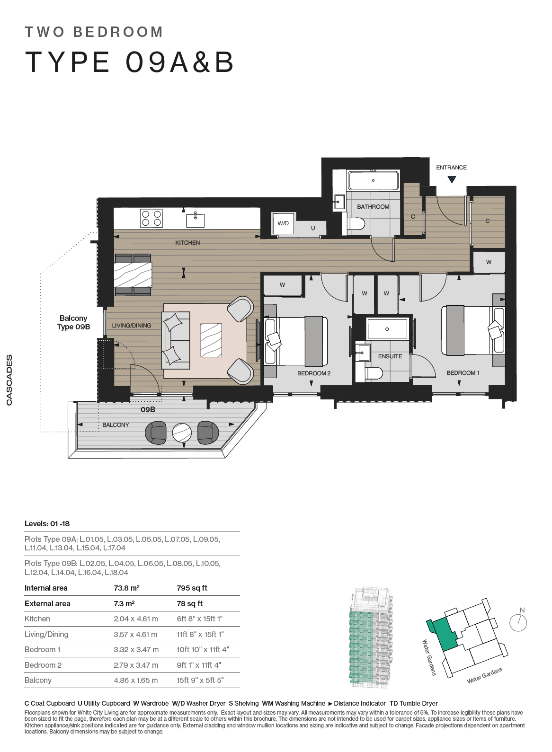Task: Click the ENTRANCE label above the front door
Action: pyautogui.click(x=451, y=167)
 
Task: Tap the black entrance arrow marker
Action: pyautogui.click(x=452, y=180)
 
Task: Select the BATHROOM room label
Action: pyautogui.click(x=373, y=207)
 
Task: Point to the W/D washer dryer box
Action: pyautogui.click(x=284, y=223)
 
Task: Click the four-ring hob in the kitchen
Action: pyautogui.click(x=152, y=218)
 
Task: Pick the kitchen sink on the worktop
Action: pyautogui.click(x=195, y=220)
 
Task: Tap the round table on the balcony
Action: pyautogui.click(x=182, y=433)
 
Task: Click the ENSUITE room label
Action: pyautogui.click(x=390, y=356)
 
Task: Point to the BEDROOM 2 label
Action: pyautogui.click(x=313, y=373)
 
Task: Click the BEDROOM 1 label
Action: pyautogui.click(x=463, y=373)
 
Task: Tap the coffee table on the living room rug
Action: pyautogui.click(x=211, y=340)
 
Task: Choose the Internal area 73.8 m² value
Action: pyautogui.click(x=126, y=588)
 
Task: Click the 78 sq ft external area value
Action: pyautogui.click(x=189, y=603)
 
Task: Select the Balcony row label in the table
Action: pyautogui.click(x=38, y=680)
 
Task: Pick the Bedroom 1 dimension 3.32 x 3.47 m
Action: pyautogui.click(x=136, y=650)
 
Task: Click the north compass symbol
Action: pyautogui.click(x=518, y=621)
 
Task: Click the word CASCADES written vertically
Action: pyautogui.click(x=9, y=380)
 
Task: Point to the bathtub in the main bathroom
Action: pyautogui.click(x=374, y=181)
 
